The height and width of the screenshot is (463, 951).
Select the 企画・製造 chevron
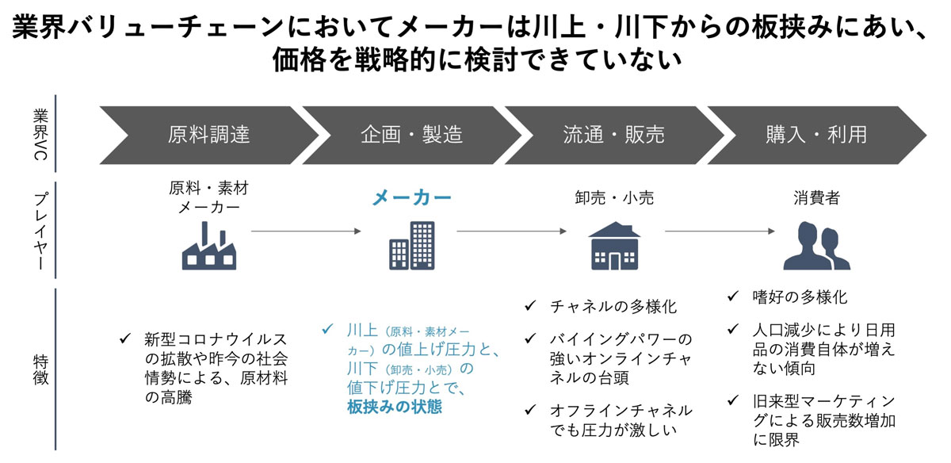click(x=411, y=135)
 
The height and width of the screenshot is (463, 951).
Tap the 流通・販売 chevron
click(x=614, y=135)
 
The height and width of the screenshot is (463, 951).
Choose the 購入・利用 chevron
click(x=816, y=135)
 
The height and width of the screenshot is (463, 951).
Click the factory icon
click(x=209, y=246)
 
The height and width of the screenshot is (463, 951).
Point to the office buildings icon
click(x=412, y=246)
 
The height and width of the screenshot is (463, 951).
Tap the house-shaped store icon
click(x=614, y=246)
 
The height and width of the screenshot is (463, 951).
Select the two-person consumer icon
click(x=816, y=246)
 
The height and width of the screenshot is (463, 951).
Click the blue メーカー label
click(x=411, y=198)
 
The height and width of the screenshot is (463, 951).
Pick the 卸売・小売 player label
click(x=614, y=198)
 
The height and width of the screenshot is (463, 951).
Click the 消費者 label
click(x=816, y=198)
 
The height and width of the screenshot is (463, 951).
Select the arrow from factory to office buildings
click(x=306, y=231)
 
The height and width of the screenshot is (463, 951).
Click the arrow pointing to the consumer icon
click(x=720, y=231)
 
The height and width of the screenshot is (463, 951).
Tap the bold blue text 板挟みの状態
click(x=395, y=407)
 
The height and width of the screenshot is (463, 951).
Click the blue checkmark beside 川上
click(x=327, y=329)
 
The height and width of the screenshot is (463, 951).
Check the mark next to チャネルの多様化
click(x=530, y=305)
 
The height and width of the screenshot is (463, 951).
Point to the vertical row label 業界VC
click(x=40, y=134)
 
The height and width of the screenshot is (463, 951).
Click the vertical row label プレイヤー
click(x=40, y=231)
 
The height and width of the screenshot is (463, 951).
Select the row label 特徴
click(x=40, y=370)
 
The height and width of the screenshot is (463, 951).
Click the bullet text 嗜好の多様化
click(x=800, y=297)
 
